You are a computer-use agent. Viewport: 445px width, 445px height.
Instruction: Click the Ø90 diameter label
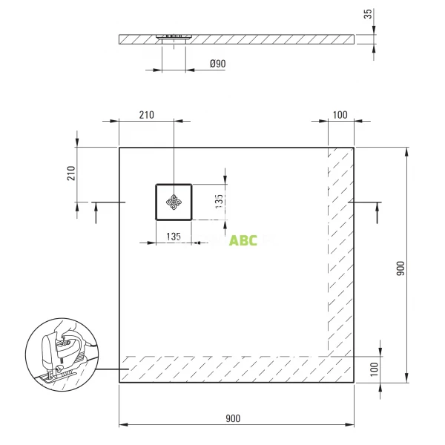[217, 64]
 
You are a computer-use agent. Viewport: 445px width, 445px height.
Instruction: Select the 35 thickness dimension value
[369, 16]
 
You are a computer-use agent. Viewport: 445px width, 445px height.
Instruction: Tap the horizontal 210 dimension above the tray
[145, 114]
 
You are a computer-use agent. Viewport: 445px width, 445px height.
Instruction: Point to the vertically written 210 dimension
[71, 174]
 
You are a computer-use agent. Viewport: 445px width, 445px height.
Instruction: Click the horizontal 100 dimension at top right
[340, 114]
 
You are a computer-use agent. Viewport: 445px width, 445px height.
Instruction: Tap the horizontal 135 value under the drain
[173, 237]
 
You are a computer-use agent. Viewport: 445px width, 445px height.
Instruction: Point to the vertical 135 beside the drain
[219, 202]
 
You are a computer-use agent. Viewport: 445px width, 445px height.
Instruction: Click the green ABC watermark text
[243, 240]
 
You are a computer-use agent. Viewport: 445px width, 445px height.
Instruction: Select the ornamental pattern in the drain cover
[174, 202]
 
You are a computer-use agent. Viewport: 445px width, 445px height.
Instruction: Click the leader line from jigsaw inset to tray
[104, 369]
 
